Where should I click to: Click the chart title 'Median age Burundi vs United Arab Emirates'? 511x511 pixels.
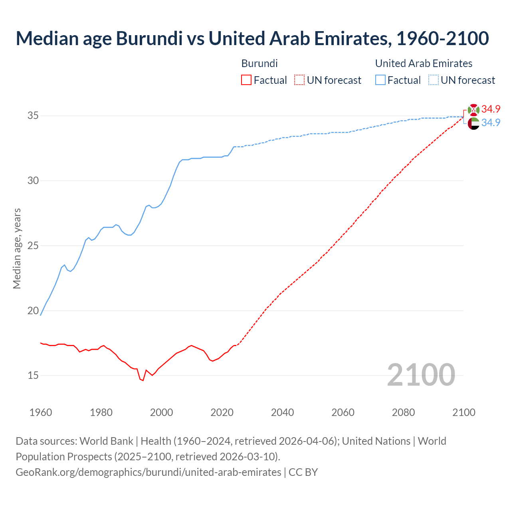pos(252,38)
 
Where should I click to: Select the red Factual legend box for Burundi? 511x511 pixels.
pos(246,80)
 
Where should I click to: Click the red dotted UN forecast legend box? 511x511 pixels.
pos(299,80)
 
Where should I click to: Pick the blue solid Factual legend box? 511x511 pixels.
pos(380,80)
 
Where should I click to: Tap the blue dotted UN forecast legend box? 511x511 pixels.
pos(434,80)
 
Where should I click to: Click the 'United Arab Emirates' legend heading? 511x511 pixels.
pos(424,63)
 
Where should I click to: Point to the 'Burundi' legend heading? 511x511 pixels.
pos(259,63)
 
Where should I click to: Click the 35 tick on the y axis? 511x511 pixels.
pos(33,116)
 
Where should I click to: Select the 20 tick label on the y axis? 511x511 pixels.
pos(33,311)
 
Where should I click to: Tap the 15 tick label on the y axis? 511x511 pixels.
pos(33,376)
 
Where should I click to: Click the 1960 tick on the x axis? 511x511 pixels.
pos(41,412)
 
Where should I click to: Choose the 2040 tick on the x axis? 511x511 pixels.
pos(282,412)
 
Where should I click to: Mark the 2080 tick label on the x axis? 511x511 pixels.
pos(403,412)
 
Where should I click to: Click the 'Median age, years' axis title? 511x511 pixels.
pos(17,248)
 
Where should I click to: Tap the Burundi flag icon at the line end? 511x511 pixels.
pos(473,110)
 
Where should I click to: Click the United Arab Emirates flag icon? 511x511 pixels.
pos(473,124)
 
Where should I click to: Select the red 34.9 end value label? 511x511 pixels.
pos(491,109)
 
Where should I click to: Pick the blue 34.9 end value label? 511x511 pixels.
pos(491,123)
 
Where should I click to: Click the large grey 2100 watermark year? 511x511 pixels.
pos(421,374)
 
